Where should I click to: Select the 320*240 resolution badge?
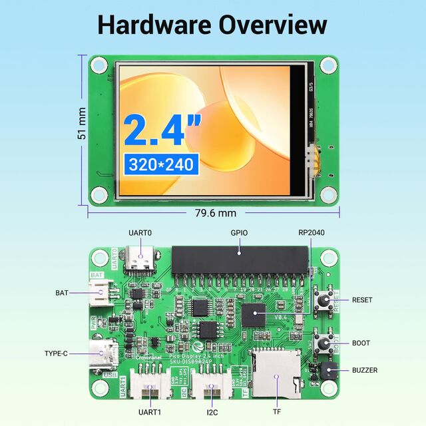click(160, 164)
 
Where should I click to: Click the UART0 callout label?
click(140, 234)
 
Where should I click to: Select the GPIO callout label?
click(240, 234)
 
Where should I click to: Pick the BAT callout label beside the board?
click(61, 292)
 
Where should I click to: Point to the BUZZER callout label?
click(365, 370)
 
